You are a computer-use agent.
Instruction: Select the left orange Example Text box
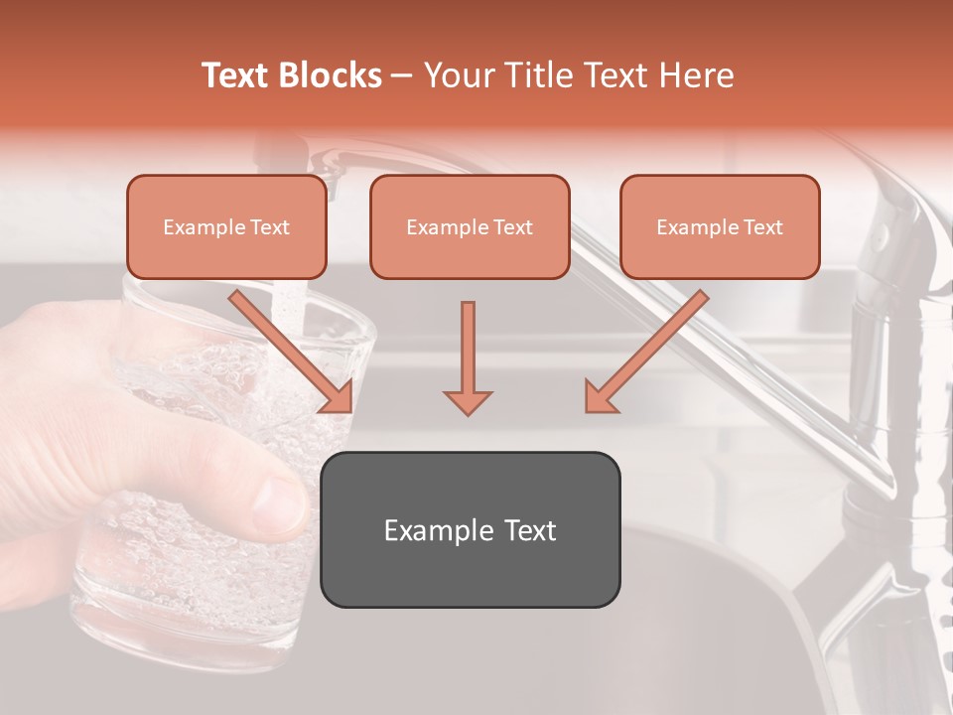[226, 226]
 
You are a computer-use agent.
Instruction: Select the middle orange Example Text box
[470, 226]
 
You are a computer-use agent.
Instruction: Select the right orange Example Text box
[720, 226]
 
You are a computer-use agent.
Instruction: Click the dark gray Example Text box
[470, 529]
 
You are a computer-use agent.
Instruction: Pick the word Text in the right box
[763, 227]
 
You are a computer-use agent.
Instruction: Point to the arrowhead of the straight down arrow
[468, 401]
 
